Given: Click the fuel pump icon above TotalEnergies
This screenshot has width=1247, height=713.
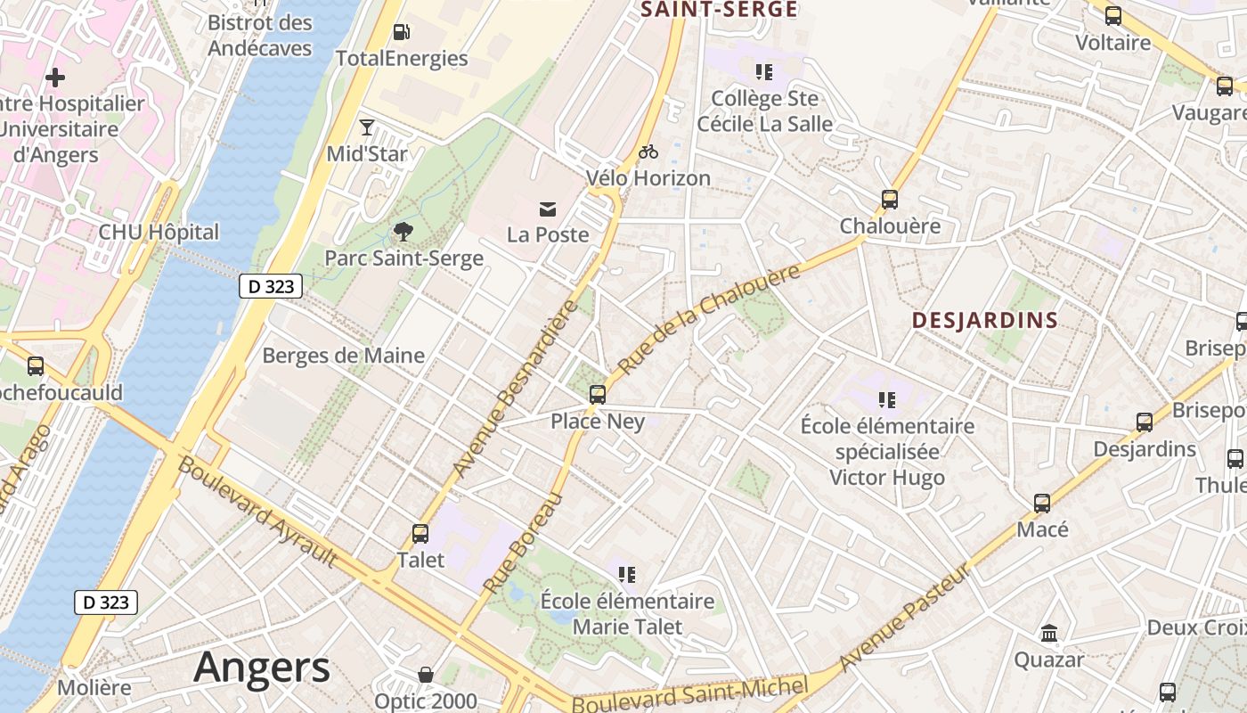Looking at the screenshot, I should click(x=402, y=32).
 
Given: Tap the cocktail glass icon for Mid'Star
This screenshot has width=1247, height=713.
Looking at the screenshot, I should click(x=367, y=127).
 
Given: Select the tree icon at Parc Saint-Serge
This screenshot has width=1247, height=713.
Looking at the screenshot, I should click(x=403, y=233).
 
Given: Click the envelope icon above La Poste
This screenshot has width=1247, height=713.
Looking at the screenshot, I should click(x=548, y=209).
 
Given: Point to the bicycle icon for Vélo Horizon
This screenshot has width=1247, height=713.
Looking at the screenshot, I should click(x=648, y=152).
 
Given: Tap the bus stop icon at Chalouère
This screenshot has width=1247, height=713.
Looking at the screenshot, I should click(x=889, y=200).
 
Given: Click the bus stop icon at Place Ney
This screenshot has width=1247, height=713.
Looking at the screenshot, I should click(x=597, y=394).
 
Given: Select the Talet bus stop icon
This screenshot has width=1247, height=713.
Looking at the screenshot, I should click(x=420, y=534).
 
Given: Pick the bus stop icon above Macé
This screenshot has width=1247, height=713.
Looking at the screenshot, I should click(x=1042, y=504).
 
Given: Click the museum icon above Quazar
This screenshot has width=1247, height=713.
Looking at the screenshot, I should click(x=1049, y=634).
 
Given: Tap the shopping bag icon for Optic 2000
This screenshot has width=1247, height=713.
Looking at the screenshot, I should click(x=426, y=675).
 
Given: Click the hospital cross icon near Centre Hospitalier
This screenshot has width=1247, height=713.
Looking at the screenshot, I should click(x=55, y=78).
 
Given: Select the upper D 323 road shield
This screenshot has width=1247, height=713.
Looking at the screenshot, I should click(x=271, y=286).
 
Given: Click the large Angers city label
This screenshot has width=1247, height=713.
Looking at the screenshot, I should click(x=262, y=667).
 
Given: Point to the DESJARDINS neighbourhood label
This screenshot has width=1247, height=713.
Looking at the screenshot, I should click(x=985, y=321).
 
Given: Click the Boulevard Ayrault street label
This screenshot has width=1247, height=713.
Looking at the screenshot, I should click(x=257, y=511).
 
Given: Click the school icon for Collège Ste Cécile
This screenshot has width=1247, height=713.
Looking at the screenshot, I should click(x=763, y=71).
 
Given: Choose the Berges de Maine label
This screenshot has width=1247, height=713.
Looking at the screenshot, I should click(x=343, y=356).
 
